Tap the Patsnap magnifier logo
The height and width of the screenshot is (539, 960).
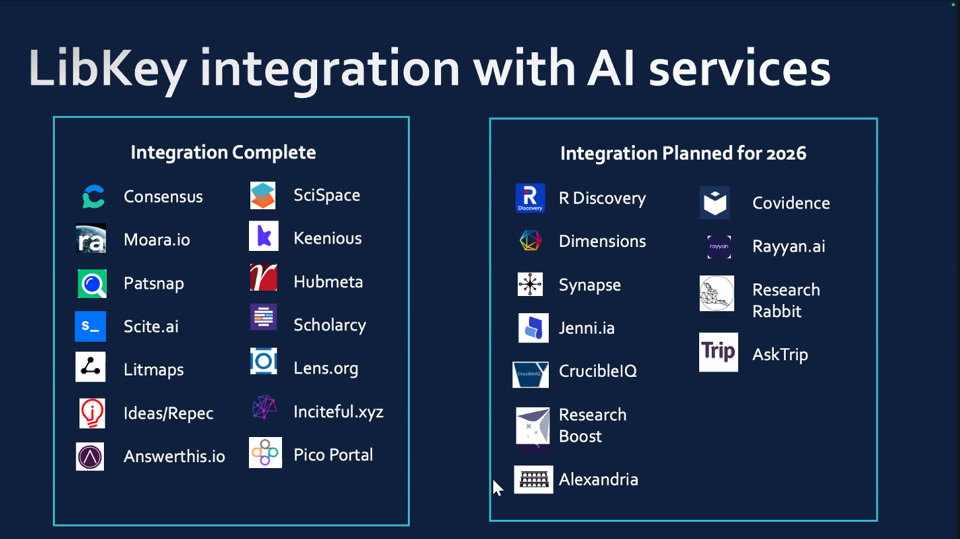(x=91, y=284)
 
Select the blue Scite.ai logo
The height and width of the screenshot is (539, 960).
(x=90, y=326)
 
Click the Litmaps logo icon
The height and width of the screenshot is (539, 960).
(x=90, y=368)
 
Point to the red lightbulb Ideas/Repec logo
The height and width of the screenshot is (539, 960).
(x=91, y=413)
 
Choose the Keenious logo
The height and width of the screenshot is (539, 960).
(x=264, y=236)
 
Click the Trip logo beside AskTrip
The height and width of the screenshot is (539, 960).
(x=718, y=352)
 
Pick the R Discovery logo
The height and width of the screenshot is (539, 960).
(x=530, y=198)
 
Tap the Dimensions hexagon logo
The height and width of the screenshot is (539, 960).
(x=530, y=241)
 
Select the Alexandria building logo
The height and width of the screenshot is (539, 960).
(x=533, y=479)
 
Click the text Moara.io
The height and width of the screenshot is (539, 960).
(x=157, y=240)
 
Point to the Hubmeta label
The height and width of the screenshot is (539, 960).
(x=328, y=282)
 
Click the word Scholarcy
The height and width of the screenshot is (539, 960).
(x=330, y=325)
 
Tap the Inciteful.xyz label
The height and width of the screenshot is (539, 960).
(x=338, y=412)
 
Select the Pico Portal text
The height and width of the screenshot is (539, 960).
(x=333, y=455)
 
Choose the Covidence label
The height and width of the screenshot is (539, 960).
(x=791, y=203)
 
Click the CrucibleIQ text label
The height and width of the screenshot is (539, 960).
(x=597, y=371)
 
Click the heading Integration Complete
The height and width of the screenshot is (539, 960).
(x=223, y=152)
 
